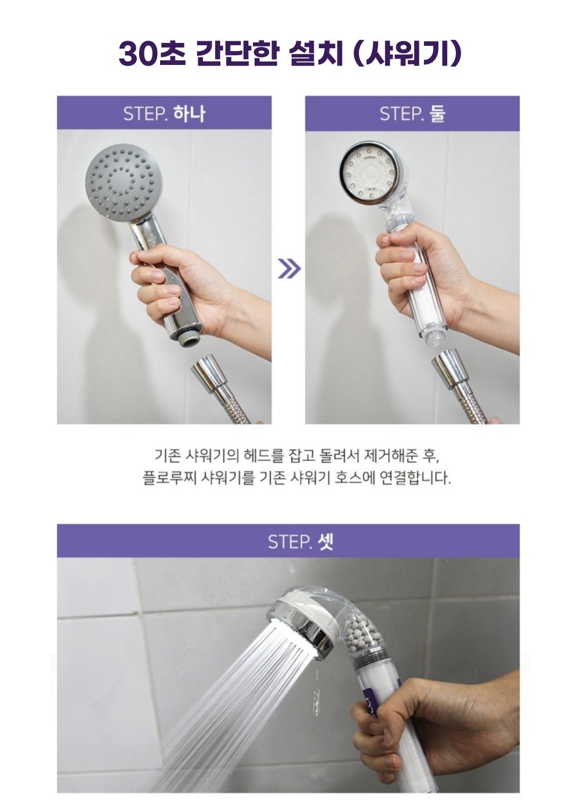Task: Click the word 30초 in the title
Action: tap(152, 55)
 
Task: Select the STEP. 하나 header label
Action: tap(164, 114)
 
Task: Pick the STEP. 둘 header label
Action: tap(412, 114)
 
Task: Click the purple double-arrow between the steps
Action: tap(289, 269)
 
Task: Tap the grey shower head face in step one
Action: tap(123, 182)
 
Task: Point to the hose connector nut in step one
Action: tap(209, 373)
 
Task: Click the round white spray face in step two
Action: tap(370, 175)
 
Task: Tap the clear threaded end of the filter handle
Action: tap(432, 337)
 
